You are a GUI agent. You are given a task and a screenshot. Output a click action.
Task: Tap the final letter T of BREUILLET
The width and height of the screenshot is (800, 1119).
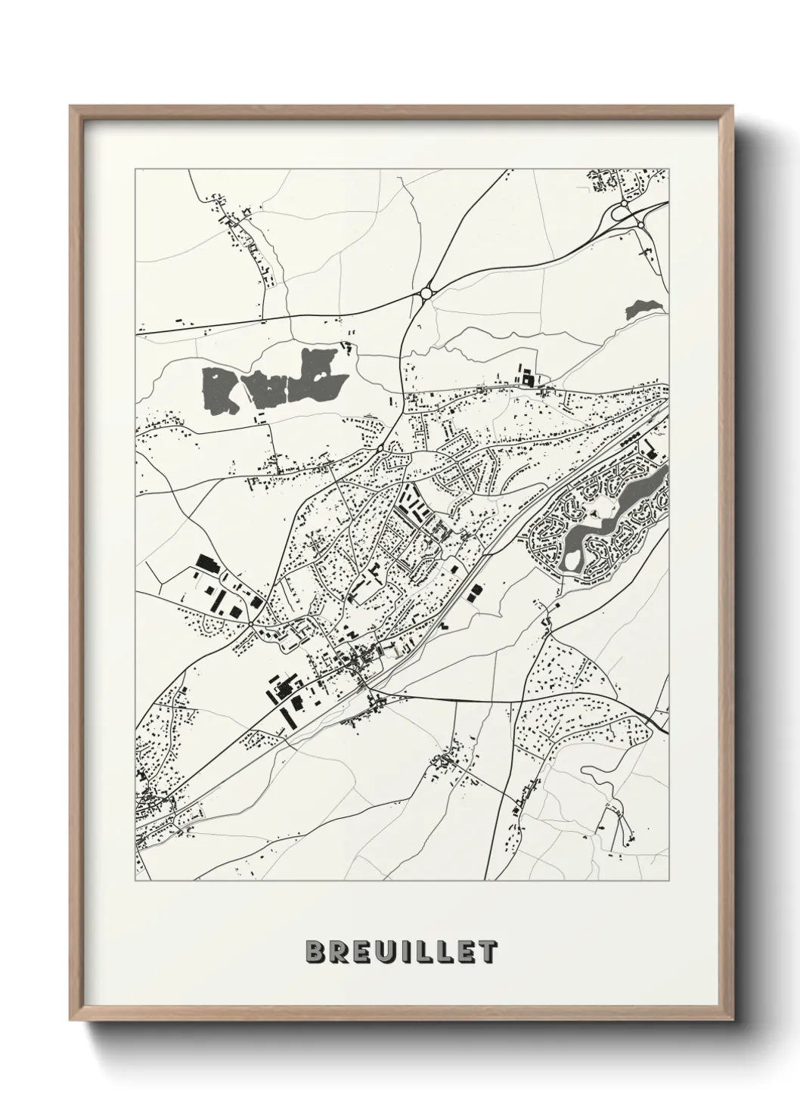(488, 951)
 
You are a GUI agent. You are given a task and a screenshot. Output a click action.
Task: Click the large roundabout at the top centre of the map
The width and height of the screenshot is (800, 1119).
(426, 293)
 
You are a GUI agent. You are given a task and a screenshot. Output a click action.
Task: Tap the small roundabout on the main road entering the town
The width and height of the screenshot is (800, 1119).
(380, 448)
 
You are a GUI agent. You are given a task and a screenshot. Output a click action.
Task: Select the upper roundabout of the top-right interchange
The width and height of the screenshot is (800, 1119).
(624, 203)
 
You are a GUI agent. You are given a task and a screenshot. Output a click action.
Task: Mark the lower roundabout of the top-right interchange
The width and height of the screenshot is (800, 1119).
(640, 224)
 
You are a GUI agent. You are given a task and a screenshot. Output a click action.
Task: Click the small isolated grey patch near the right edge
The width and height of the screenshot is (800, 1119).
(644, 308)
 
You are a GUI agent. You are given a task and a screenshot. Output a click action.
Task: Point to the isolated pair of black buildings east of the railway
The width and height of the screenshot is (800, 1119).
(474, 594)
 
